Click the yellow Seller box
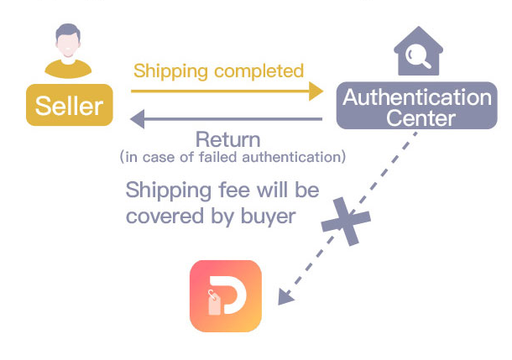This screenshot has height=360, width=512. pos(69,105)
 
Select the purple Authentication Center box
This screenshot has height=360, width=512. pos(416,106)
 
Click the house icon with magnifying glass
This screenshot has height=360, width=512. pos(417,51)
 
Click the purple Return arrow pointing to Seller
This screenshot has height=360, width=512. pos(227,120)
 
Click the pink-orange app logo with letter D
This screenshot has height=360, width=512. pos(226,296)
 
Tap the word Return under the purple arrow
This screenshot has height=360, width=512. pos(227,139)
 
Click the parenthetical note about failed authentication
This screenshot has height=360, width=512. pos(232,157)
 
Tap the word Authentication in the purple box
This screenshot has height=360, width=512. pos(417,97)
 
